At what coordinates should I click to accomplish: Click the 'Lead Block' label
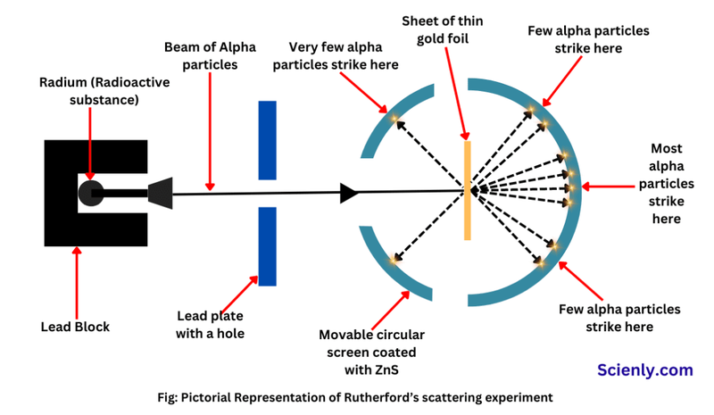(x=75, y=327)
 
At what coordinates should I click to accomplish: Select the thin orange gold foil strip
(x=467, y=188)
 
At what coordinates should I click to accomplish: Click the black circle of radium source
(x=91, y=191)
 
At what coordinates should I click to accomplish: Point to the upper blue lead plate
(x=267, y=139)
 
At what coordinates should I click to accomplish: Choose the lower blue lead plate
(x=267, y=246)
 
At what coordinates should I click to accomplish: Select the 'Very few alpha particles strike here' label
(x=344, y=56)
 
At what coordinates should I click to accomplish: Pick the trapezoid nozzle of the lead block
(x=160, y=192)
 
